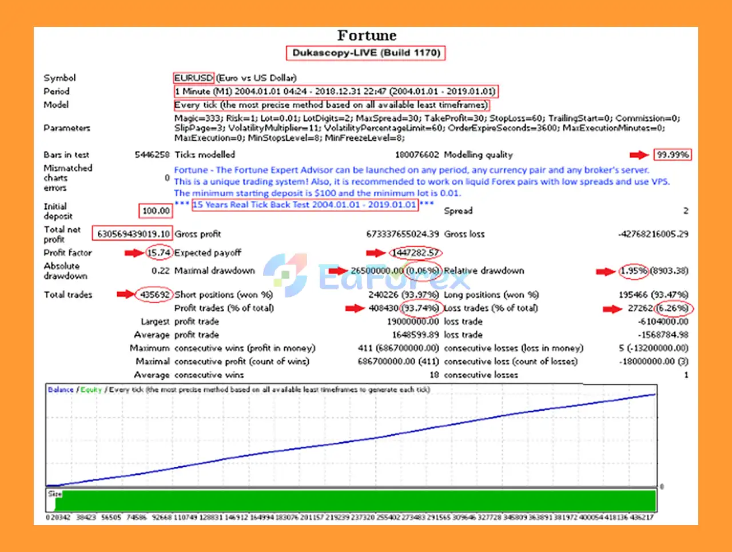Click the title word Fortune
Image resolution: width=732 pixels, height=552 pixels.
[367, 35]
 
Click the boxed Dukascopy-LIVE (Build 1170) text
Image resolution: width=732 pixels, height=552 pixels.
[366, 53]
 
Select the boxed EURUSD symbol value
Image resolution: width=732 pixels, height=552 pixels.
[194, 78]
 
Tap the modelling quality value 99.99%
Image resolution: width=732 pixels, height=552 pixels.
[673, 154]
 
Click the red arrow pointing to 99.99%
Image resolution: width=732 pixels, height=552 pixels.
[639, 154]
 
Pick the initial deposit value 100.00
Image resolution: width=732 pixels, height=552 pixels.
[156, 211]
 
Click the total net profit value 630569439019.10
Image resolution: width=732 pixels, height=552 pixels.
[133, 234]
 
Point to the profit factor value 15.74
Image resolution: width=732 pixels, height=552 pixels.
[159, 253]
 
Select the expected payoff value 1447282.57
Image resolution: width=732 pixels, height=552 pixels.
[416, 253]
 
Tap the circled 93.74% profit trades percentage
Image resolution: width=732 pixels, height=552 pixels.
[420, 308]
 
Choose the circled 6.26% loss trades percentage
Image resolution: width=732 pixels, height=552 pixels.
[673, 308]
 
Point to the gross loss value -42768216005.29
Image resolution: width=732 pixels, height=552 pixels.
[653, 234]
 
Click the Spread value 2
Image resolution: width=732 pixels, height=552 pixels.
[686, 211]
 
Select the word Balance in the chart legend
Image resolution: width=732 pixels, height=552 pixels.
[61, 390]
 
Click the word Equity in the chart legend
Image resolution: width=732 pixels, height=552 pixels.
[91, 390]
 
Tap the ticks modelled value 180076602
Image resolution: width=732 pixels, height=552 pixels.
[417, 154]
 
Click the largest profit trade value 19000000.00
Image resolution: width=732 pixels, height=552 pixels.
[413, 321]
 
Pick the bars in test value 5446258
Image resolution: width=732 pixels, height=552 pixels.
[152, 154]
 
